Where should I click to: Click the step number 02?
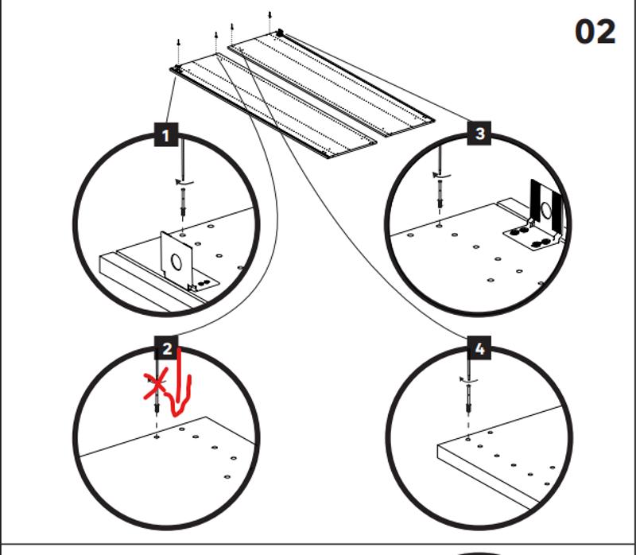point(595,32)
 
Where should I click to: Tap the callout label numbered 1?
point(166,134)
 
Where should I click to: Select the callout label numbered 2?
point(166,348)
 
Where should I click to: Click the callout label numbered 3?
point(479,133)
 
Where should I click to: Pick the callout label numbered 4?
point(479,348)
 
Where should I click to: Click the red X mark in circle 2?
point(156,383)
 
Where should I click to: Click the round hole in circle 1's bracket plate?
point(176,262)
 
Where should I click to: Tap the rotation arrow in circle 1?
point(184,182)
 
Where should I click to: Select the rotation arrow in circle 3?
point(442,175)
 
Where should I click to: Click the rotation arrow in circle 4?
point(468,380)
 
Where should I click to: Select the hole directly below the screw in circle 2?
point(157,437)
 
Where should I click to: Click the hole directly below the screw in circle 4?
point(468,440)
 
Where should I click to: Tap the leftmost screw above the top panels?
point(178,42)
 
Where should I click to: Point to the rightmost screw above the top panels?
point(270,14)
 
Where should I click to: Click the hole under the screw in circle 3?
point(439,224)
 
